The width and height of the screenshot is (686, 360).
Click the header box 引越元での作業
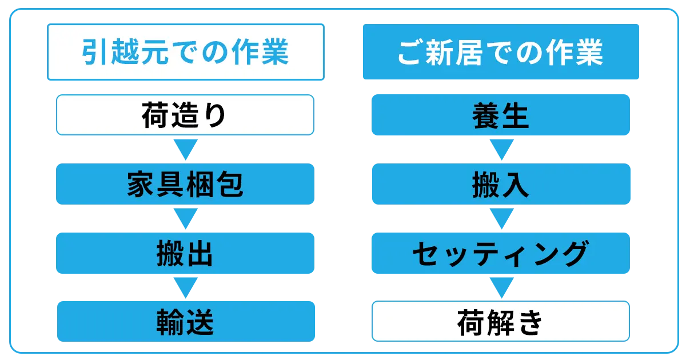[186, 52]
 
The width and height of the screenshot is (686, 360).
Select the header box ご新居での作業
[501, 52]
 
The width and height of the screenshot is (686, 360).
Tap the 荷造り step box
[185, 115]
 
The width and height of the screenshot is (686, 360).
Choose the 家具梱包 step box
[185, 184]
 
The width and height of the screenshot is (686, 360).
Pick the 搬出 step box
[185, 253]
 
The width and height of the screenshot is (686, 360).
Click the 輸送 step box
[186, 321]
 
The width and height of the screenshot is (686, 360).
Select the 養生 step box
[501, 115]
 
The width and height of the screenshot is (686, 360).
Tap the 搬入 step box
[501, 184]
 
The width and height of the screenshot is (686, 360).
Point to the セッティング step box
[501, 253]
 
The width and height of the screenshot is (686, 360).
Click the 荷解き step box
[501, 321]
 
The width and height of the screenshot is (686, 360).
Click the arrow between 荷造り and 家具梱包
[186, 149]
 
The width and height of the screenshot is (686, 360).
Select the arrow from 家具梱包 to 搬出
[186, 218]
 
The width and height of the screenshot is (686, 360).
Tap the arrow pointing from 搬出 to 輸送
[186, 288]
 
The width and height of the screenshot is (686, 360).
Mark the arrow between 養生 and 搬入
[502, 149]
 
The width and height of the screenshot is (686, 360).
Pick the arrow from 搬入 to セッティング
[502, 218]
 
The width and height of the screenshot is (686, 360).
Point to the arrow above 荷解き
[502, 288]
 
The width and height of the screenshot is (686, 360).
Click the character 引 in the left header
[94, 52]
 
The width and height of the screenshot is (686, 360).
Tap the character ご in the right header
[409, 52]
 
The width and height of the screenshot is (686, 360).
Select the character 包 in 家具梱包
[230, 184]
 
